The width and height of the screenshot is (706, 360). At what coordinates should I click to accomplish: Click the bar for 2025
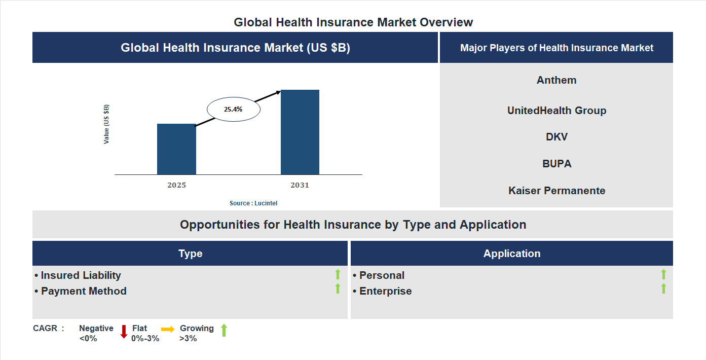tap(176, 150)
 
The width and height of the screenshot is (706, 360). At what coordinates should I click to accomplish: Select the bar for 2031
tap(300, 132)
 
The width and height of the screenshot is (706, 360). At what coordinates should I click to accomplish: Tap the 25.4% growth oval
tap(233, 109)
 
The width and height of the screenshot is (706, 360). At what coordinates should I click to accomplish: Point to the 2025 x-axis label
tap(176, 185)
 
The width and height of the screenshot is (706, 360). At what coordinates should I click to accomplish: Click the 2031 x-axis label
tap(300, 185)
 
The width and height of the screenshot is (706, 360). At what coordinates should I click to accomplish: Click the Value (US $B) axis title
tap(106, 124)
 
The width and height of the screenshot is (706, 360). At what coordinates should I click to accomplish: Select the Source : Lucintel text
tap(253, 203)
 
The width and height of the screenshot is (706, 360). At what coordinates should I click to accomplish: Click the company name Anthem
tap(556, 80)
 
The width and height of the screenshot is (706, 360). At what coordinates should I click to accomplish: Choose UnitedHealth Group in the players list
tap(556, 111)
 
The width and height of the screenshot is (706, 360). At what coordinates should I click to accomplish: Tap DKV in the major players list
tap(556, 137)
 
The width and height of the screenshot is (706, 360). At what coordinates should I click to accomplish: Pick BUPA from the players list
tap(556, 164)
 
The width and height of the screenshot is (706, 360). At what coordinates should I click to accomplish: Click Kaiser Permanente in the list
tap(556, 191)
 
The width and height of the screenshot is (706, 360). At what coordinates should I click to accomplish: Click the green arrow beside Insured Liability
tap(338, 274)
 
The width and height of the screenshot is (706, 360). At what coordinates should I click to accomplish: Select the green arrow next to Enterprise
tap(663, 289)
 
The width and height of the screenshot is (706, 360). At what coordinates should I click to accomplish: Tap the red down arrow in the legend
tap(123, 332)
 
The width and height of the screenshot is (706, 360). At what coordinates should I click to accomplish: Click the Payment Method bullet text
tap(84, 291)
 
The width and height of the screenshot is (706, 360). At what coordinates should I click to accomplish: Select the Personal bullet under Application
tap(382, 275)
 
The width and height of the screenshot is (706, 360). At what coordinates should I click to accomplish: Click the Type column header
tap(190, 254)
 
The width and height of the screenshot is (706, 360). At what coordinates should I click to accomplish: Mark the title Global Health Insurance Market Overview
tap(353, 22)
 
